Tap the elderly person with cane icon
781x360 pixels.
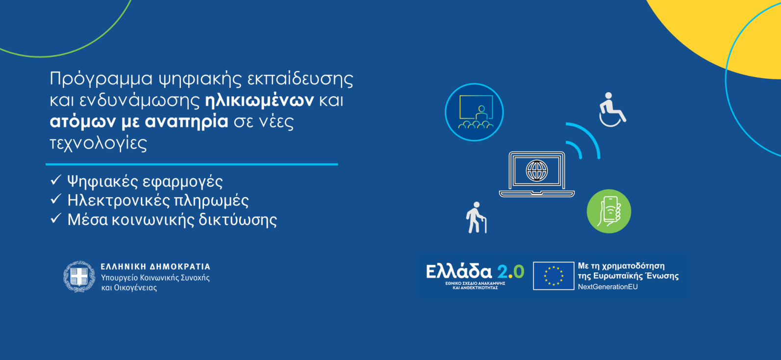476,217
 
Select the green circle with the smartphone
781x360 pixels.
609,211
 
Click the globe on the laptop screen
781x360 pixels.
536,171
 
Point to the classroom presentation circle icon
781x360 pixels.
474,112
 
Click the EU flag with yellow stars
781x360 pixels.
554,276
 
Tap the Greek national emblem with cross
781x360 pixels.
79,276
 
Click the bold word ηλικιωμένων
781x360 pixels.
259,101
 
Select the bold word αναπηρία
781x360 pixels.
186,122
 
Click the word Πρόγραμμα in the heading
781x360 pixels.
101,79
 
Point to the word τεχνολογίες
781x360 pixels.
99,143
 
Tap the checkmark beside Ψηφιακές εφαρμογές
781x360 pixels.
56,180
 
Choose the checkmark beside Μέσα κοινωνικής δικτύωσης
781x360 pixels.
56,219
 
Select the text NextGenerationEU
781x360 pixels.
608,287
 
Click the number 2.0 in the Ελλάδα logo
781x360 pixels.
510,271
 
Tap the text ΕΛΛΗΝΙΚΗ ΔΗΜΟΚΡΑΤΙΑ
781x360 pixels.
155,266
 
